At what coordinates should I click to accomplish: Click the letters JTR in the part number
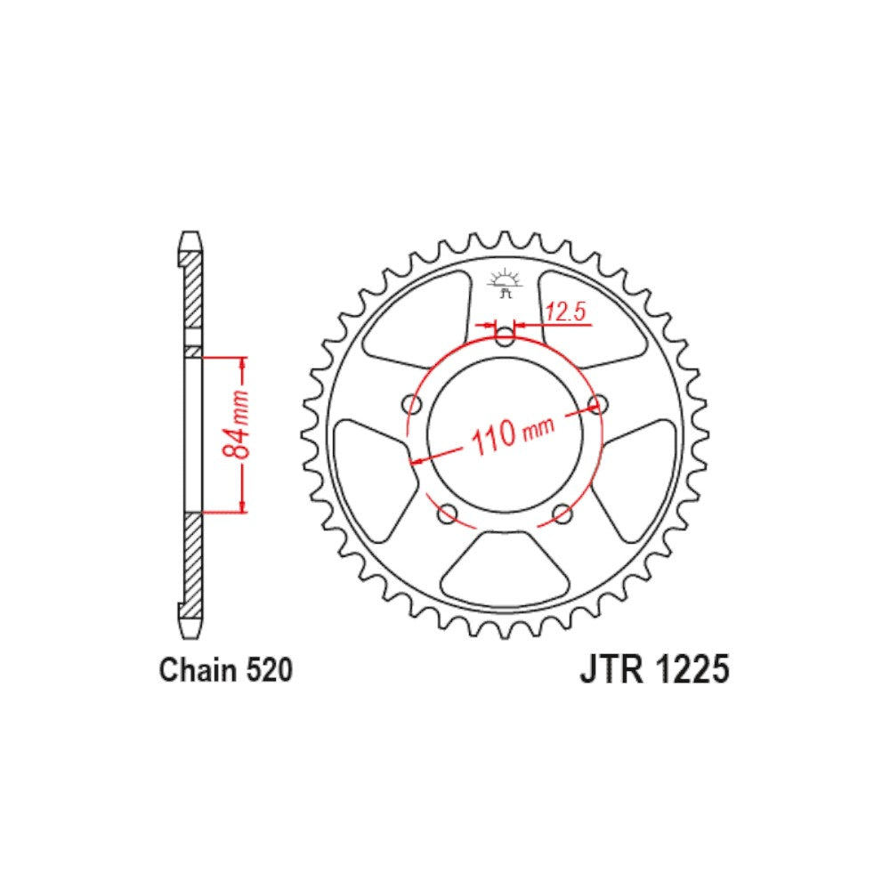point(612,669)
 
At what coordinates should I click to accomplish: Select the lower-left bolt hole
point(448,513)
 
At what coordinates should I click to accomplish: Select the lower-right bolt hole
point(562,513)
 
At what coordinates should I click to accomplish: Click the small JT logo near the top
point(505,282)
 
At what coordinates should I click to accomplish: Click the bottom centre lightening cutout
point(505,569)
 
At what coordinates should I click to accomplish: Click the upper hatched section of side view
point(190,294)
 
